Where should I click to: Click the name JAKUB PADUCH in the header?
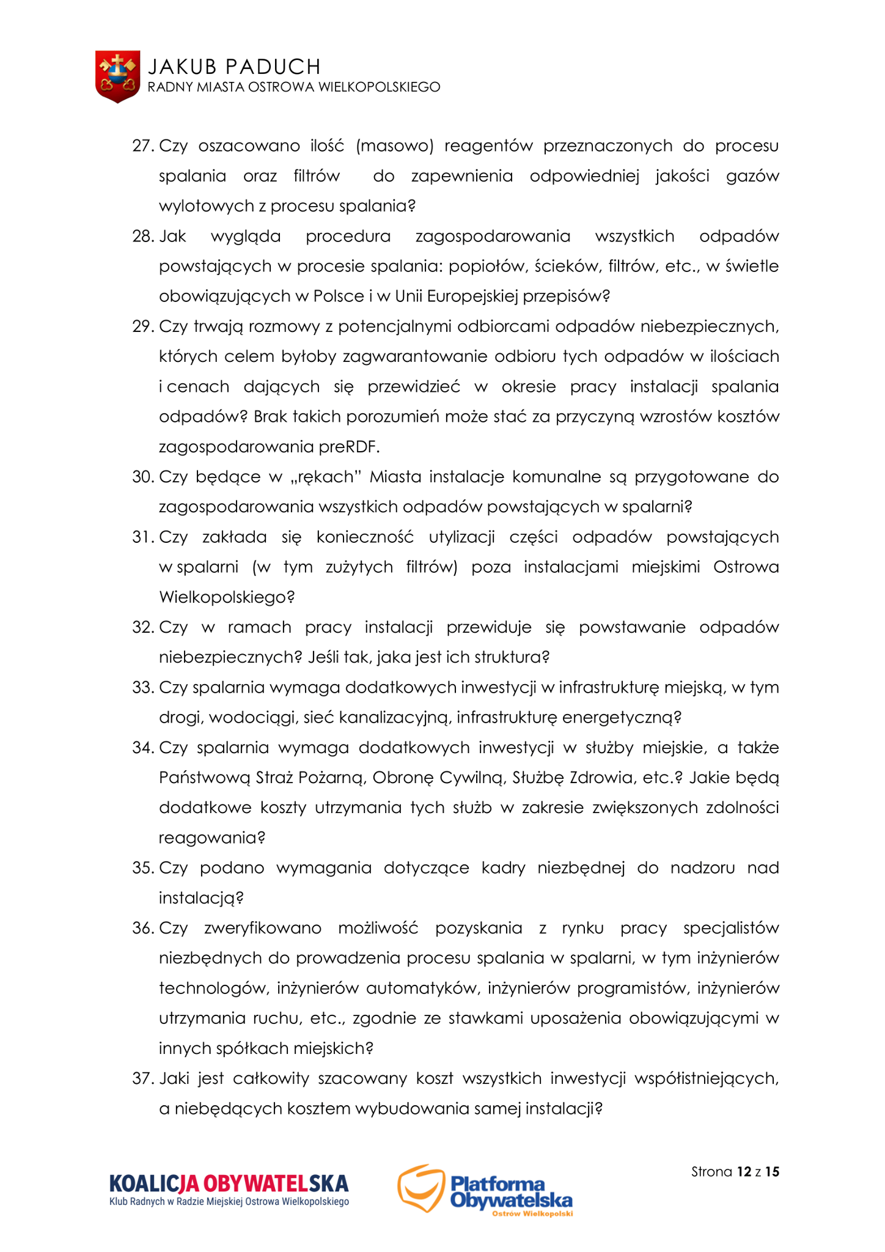click(x=234, y=66)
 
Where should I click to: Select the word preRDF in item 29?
click(x=348, y=447)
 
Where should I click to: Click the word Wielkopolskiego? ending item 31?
click(x=227, y=597)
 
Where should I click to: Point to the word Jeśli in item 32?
click(x=325, y=657)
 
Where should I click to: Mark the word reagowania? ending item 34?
click(x=212, y=838)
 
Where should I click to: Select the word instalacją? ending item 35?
click(x=201, y=898)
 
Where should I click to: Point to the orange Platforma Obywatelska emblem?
click(x=420, y=1187)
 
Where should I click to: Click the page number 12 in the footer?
click(x=744, y=1172)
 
